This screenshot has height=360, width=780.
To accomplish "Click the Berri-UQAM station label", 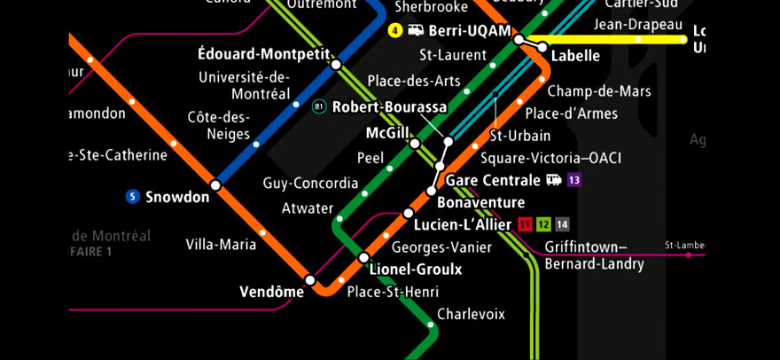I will tap(470, 31).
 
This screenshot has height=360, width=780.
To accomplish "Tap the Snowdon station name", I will tap(177, 197).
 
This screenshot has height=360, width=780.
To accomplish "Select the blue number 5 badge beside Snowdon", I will tap(133, 197).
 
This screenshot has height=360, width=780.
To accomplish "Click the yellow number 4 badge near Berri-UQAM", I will tap(395, 31).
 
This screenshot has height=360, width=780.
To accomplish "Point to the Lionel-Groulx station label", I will tap(416, 270).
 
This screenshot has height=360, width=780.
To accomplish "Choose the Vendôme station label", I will tap(271, 292).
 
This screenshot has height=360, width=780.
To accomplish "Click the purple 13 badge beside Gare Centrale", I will tap(574, 180).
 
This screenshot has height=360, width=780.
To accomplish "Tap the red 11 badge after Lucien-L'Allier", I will tap(526, 224).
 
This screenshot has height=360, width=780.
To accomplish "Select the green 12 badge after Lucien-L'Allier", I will tap(543, 224).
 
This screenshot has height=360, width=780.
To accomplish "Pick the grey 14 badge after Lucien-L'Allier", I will tap(562, 224).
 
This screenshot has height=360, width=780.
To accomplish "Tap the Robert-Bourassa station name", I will tap(390, 107).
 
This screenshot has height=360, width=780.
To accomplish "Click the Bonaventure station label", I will tap(481, 203).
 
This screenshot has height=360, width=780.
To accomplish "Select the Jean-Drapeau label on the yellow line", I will tap(638, 24).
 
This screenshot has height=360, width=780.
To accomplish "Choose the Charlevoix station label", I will tap(471, 314).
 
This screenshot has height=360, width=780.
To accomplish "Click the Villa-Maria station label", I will tap(221, 245).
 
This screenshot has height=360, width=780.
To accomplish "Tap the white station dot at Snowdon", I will tap(214, 185).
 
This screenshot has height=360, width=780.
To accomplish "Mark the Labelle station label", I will tap(575, 56).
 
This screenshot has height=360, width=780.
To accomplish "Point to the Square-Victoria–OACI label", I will tap(550, 158).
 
